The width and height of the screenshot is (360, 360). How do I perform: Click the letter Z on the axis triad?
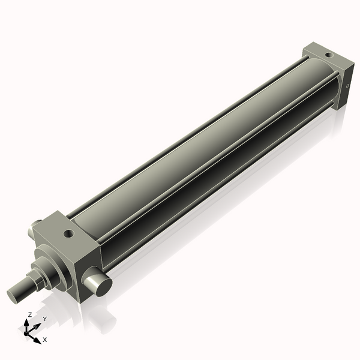(29, 314)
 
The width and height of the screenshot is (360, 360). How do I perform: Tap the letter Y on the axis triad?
(44, 319)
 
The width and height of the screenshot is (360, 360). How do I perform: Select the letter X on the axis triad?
(45, 340)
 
